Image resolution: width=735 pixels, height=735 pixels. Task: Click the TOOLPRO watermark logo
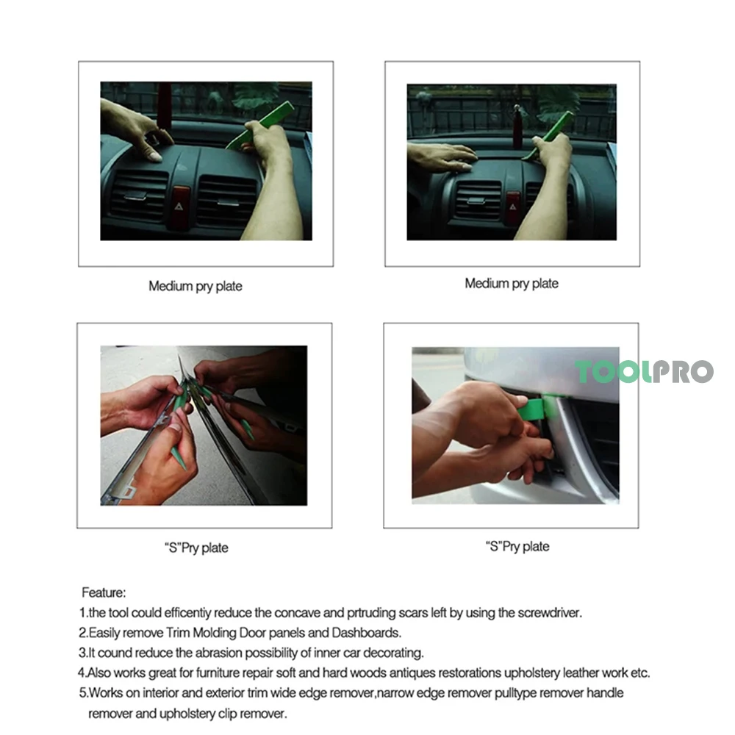(644, 372)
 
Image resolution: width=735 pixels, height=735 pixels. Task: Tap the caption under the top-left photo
(196, 286)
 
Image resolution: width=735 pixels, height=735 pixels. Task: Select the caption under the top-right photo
(512, 283)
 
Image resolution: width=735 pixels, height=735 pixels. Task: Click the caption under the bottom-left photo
(196, 548)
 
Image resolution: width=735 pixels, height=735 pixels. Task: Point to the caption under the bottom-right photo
(517, 546)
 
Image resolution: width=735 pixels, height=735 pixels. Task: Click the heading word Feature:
(104, 592)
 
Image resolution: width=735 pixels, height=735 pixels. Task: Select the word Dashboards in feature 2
(367, 633)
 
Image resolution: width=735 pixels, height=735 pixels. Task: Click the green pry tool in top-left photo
(261, 126)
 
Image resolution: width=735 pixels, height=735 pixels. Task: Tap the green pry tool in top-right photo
(548, 136)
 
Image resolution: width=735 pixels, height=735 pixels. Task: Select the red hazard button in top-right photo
(512, 207)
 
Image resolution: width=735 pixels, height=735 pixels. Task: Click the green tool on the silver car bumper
(539, 408)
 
